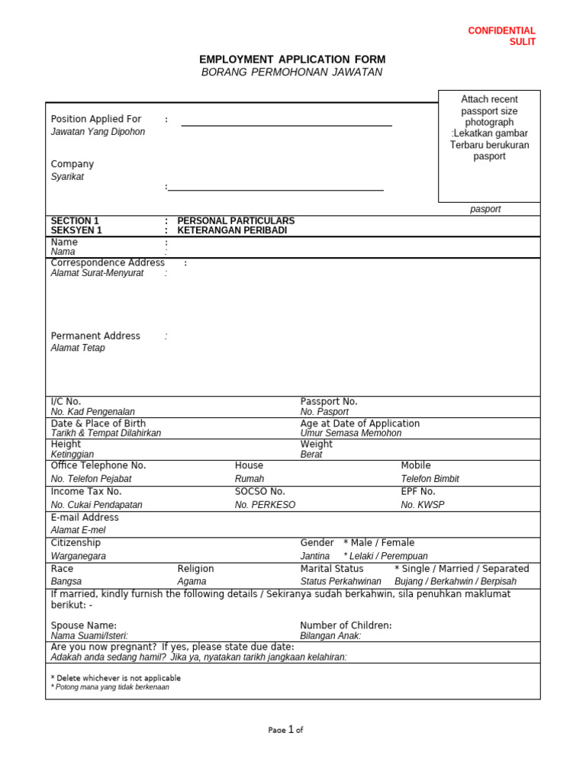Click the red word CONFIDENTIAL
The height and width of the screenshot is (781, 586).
click(501, 31)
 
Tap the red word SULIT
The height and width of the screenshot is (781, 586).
click(522, 42)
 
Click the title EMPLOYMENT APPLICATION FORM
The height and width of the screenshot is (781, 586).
click(292, 59)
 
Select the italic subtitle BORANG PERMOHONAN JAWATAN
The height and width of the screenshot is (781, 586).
click(292, 72)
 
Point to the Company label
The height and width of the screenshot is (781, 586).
click(72, 164)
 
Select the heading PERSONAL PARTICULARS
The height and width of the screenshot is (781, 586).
click(236, 221)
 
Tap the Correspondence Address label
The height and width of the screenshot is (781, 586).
click(108, 262)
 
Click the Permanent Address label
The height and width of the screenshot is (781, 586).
click(95, 336)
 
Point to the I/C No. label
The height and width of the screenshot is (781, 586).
click(66, 401)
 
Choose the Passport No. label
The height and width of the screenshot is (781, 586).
click(329, 401)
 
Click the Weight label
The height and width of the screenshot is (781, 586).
click(317, 444)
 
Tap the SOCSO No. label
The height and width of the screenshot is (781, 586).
click(260, 492)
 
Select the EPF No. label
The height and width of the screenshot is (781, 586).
click(418, 492)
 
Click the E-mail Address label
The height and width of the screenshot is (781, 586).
click(85, 517)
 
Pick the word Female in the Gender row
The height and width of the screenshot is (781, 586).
click(398, 542)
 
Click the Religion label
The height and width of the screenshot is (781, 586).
click(196, 568)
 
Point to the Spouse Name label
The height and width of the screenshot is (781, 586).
click(84, 625)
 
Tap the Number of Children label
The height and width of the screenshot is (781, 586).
click(346, 625)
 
